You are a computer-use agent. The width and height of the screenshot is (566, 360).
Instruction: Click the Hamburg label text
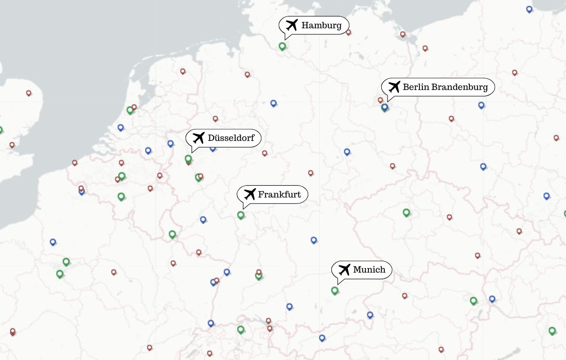[x=321, y=25]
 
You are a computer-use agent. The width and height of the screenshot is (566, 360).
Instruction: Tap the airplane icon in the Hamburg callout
[x=292, y=25]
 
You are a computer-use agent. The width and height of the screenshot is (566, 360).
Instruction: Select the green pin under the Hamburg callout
[x=282, y=46]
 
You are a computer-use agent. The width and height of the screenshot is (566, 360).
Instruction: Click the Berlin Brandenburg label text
[x=445, y=87]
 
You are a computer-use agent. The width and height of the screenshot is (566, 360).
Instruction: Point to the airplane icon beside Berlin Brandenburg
[x=394, y=86]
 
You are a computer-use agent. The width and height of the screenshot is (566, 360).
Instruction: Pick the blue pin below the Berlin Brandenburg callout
[x=384, y=106]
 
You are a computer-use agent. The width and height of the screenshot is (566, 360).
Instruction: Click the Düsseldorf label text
[x=231, y=138]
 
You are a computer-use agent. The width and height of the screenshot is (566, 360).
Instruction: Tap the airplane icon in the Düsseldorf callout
[x=198, y=138]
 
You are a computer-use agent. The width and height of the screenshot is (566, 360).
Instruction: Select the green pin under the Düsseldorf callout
[x=188, y=158]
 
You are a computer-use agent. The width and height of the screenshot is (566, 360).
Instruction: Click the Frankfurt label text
[x=279, y=194]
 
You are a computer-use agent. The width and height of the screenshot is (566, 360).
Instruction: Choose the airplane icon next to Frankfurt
[x=250, y=194]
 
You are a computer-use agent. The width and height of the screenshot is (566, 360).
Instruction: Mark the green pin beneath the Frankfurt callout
[x=240, y=214]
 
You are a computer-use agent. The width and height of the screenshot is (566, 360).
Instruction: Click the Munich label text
[x=369, y=269]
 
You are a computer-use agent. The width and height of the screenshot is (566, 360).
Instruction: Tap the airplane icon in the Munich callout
[x=344, y=269]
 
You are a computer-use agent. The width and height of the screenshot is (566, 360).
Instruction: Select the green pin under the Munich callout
[x=334, y=290]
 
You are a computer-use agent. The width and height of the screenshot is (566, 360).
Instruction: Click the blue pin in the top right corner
[x=529, y=9]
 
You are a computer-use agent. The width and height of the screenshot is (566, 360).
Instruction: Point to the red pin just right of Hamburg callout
[x=348, y=32]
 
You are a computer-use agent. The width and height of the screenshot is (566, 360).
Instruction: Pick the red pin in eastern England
[x=28, y=93]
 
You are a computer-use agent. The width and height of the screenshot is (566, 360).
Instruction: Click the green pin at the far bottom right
[x=552, y=331]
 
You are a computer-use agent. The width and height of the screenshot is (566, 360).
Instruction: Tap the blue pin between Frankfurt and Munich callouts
[x=313, y=240]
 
